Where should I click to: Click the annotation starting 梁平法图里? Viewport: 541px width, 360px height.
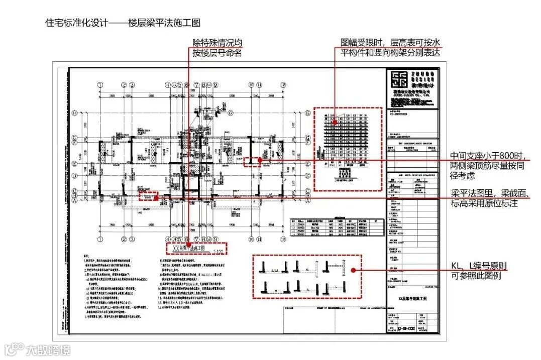click(490, 198)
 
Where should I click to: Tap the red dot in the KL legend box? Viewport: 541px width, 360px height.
click(354, 270)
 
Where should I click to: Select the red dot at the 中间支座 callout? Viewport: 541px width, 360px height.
click(260, 160)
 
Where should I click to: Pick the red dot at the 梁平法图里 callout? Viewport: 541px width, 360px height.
click(156, 198)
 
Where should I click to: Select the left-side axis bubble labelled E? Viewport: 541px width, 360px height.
click(74, 164)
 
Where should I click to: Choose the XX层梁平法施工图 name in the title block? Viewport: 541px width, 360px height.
click(411, 298)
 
